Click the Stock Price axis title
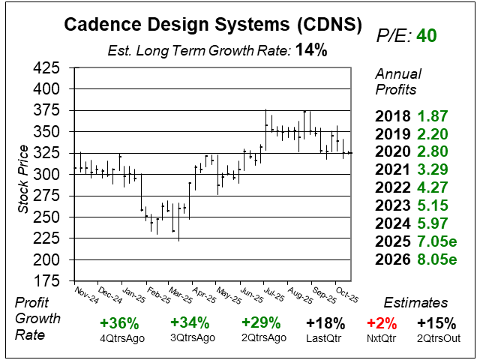23,175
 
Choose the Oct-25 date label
346,292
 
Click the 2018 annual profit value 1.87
433,116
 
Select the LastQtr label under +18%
325,338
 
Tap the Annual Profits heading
397,81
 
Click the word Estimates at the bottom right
415,303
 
